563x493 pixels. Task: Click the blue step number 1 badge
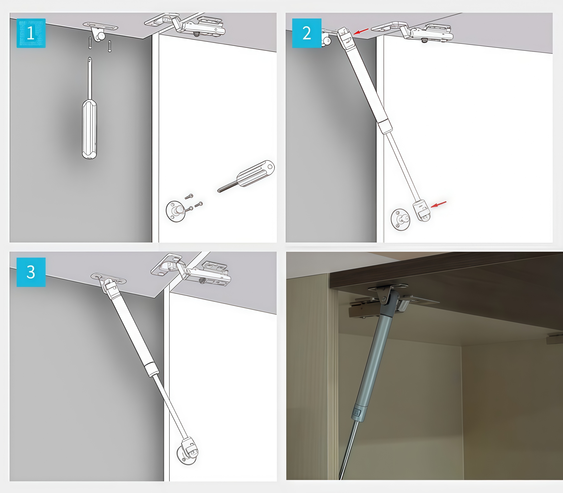[31, 33]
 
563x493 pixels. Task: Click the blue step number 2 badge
[307, 33]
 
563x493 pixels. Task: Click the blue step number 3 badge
[31, 272]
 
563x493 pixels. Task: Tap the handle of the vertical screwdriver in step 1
[89, 129]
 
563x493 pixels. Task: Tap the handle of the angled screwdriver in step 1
[255, 174]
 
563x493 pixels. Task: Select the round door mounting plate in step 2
[400, 220]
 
